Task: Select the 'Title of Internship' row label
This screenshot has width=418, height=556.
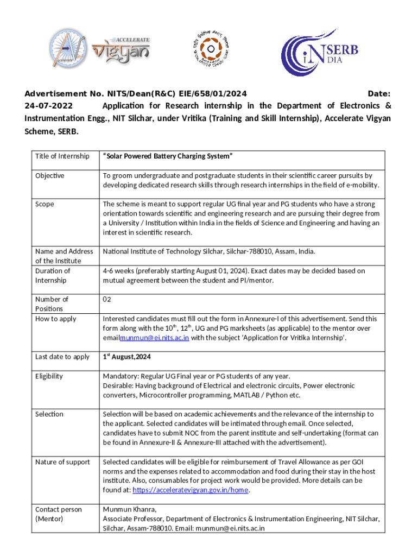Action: pyautogui.click(x=62, y=156)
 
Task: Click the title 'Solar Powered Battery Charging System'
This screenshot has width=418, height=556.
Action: pyautogui.click(x=168, y=156)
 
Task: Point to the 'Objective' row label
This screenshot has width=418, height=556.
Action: pyautogui.click(x=50, y=175)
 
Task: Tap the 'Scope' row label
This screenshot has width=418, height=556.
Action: pyautogui.click(x=45, y=204)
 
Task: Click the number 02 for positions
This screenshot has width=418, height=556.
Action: pyautogui.click(x=107, y=299)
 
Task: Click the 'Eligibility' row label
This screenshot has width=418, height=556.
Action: pyautogui.click(x=49, y=376)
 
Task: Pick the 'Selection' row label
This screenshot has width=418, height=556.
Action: pyautogui.click(x=49, y=414)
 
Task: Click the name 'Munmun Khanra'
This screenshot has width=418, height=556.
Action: pyautogui.click(x=130, y=509)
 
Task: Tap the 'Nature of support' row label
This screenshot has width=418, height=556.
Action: pyautogui.click(x=62, y=462)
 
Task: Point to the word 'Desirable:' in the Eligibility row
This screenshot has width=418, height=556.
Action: pyautogui.click(x=119, y=386)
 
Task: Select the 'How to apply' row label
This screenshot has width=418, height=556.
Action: pyautogui.click(x=56, y=319)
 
